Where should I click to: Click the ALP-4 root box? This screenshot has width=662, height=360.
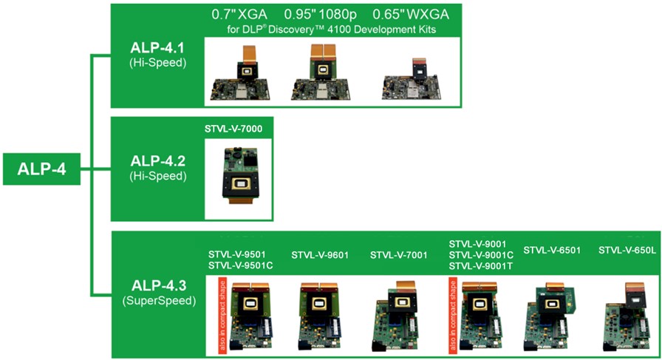pos(41,169)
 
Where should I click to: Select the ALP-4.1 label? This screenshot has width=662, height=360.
pos(157,48)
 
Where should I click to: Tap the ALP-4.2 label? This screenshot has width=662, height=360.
pos(157,161)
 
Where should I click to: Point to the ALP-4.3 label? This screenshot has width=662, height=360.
pos(159,285)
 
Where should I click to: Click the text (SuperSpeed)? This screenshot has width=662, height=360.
pos(159,301)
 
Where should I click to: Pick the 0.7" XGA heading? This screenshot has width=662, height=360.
pos(239,14)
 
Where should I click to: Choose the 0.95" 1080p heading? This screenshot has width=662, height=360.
pos(320,14)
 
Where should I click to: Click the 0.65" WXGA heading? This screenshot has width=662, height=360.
pos(410,14)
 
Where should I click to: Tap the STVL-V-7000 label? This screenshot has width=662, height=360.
pos(233,129)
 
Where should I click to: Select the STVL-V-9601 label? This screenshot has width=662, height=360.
pos(320,255)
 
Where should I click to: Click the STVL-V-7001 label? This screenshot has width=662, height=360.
pos(398,255)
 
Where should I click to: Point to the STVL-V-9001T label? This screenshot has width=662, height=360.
pos(481,266)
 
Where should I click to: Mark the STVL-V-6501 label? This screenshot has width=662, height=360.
pos(552,250)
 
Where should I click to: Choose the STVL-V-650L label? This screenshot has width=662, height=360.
pos(627,250)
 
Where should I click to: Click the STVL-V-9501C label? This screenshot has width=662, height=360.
pos(240,265)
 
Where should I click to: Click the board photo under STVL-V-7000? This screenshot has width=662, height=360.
pos(239,176)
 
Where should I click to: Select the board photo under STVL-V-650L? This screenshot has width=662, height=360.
pos(626,316)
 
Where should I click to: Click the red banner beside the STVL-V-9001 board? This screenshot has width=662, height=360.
pos(453,315)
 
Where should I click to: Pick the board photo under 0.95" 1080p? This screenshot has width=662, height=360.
pos(321,72)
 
